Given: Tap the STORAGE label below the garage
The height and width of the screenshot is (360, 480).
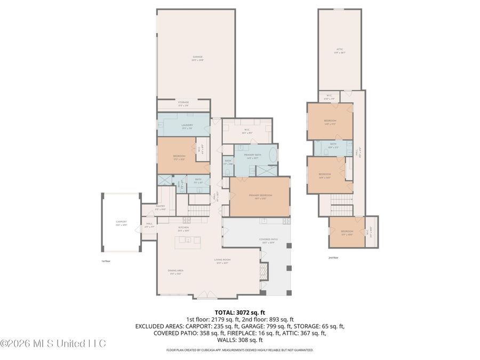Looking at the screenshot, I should [183, 103].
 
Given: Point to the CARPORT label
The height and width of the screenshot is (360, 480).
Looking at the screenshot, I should [121, 222].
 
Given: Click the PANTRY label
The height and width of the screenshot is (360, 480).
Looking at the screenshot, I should [160, 207].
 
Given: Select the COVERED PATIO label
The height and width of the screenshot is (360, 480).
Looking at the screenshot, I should [267, 241].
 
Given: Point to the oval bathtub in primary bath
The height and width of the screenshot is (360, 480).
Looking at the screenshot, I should [273, 157].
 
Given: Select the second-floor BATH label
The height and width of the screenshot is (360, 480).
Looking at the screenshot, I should [333, 145].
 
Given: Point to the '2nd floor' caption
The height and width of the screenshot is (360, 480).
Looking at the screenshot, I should [334, 257].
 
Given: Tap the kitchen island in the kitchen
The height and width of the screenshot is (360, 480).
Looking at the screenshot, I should [187, 241].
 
